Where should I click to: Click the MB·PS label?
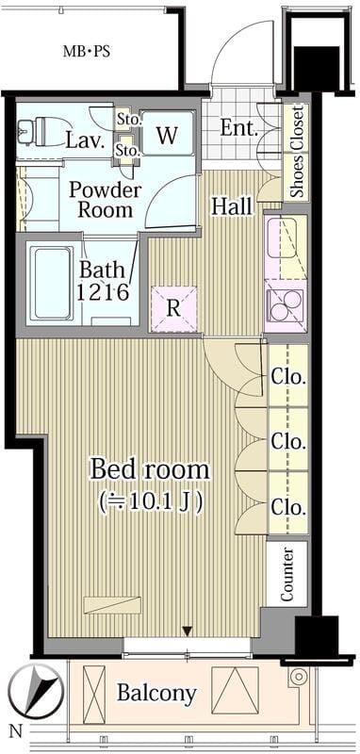coord(87,52)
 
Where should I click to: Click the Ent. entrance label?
coord(238,128)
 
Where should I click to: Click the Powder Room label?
coord(105,199)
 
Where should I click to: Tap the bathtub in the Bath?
coord(52,283)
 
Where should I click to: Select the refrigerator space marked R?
coord(173,309)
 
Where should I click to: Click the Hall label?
coord(232,206)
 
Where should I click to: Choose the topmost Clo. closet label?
coord(288,378)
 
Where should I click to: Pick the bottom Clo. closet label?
coord(288,507)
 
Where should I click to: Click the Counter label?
coord(286,574)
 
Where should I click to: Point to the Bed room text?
coord(151,469)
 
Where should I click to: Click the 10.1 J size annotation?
coord(150,502)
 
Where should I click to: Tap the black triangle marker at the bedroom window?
coord(188,631)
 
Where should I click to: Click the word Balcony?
coord(157,694)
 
